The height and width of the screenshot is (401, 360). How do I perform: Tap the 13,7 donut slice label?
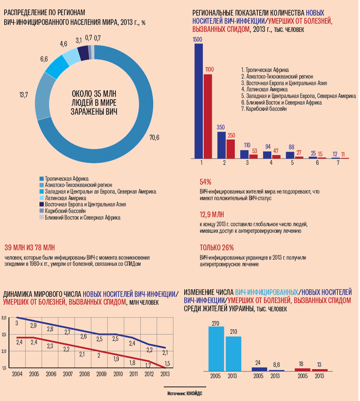pyautogui.click(x=24, y=95)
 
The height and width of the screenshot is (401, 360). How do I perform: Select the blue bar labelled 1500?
pyautogui.click(x=198, y=101)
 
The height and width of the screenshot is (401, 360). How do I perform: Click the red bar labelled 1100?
pyautogui.click(x=208, y=116)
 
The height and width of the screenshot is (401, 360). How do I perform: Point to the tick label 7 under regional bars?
pyautogui.click(x=338, y=163)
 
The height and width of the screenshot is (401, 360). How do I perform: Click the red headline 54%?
pyautogui.click(x=205, y=182)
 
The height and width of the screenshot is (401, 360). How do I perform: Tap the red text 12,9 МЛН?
pyautogui.click(x=212, y=215)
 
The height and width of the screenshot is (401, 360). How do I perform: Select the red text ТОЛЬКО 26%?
pyautogui.click(x=217, y=248)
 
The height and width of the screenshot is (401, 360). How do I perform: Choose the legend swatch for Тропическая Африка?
pyautogui.click(x=42, y=178)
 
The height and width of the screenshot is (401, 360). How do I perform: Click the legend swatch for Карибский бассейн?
pyautogui.click(x=42, y=211)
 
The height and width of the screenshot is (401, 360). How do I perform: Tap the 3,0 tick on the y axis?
pyautogui.click(x=4, y=318)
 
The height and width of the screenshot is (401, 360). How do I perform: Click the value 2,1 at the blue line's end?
pyautogui.click(x=165, y=352)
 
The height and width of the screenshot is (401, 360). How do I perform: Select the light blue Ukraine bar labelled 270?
pyautogui.click(x=216, y=349)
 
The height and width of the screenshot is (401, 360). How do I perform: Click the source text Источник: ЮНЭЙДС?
pyautogui.click(x=185, y=393)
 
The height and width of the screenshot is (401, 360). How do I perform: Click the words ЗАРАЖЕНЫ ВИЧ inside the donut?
pyautogui.click(x=94, y=112)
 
